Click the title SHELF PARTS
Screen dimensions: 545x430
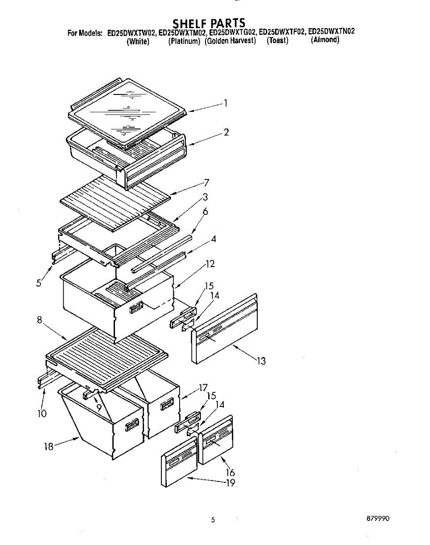pos(209,23)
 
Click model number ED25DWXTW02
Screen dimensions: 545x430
pos(131,33)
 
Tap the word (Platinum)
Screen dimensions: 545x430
pos(184,41)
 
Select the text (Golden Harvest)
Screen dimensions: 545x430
pos(230,41)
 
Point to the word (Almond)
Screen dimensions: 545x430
pos(325,40)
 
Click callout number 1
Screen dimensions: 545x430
pos(225,103)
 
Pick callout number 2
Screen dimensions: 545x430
pos(226,132)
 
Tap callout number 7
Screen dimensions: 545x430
pos(206,183)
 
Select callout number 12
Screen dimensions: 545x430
pos(210,264)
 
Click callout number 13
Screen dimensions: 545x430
pos(260,361)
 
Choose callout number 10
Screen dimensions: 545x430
pos(42,414)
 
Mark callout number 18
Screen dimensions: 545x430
pos(49,446)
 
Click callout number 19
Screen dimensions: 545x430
pos(230,483)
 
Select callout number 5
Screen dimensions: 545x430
pos(40,282)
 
